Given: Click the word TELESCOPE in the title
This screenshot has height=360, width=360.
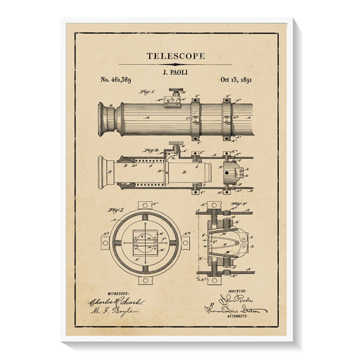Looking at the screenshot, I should point(175,56).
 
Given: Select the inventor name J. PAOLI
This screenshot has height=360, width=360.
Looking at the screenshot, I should point(175,70).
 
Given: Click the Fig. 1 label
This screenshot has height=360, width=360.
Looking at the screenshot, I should point(147,92).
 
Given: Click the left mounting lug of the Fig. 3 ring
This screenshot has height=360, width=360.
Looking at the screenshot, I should point(106,242).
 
